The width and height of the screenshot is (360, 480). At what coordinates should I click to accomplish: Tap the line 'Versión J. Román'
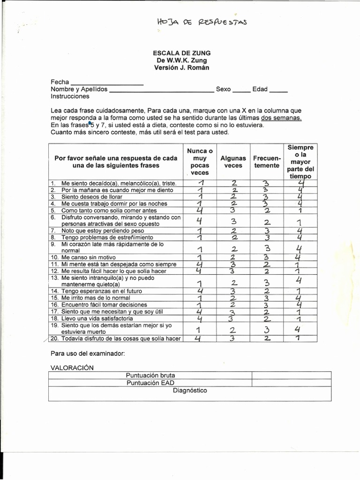(x=181, y=67)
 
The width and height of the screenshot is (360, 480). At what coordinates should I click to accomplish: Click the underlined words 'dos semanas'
(x=281, y=118)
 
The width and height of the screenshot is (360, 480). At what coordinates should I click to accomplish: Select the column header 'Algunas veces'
(x=233, y=162)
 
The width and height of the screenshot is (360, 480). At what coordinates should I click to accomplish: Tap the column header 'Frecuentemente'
(x=266, y=162)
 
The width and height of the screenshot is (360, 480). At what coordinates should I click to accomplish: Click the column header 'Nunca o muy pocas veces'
(x=200, y=162)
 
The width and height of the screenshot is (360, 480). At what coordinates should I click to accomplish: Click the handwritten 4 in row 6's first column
(x=199, y=221)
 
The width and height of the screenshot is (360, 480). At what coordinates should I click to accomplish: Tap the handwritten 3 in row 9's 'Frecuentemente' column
(x=267, y=248)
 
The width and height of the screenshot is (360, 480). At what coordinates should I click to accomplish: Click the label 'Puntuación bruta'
(x=150, y=375)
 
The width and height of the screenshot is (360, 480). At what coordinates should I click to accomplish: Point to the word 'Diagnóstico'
(x=190, y=390)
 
